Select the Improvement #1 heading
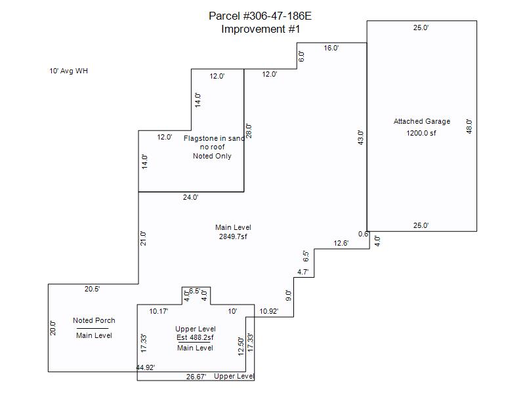coord(261,29)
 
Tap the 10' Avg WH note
coord(68,71)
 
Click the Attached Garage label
coord(422,121)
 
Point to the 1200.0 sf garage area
coord(421,133)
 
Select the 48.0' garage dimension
coord(469,126)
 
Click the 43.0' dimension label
coord(360,138)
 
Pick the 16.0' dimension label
coord(331,48)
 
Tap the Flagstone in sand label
coord(214,138)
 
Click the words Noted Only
coord(212,157)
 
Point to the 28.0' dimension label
coord(249,130)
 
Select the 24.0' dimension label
coord(190,197)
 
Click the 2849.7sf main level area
coord(233,236)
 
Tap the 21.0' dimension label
coord(144,238)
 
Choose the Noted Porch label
coord(94,320)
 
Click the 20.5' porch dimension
coord(92,289)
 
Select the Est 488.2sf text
coord(196,338)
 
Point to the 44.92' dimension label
coord(146,368)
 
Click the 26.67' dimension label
coord(196,377)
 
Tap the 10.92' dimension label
coord(269,311)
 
